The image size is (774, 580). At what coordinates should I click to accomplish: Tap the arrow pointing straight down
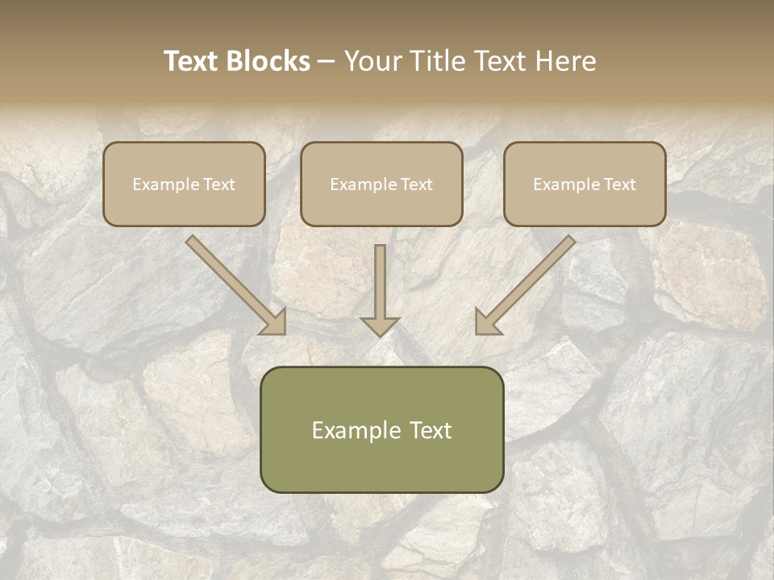(380, 286)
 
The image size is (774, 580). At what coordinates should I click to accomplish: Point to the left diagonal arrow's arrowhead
(274, 321)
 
